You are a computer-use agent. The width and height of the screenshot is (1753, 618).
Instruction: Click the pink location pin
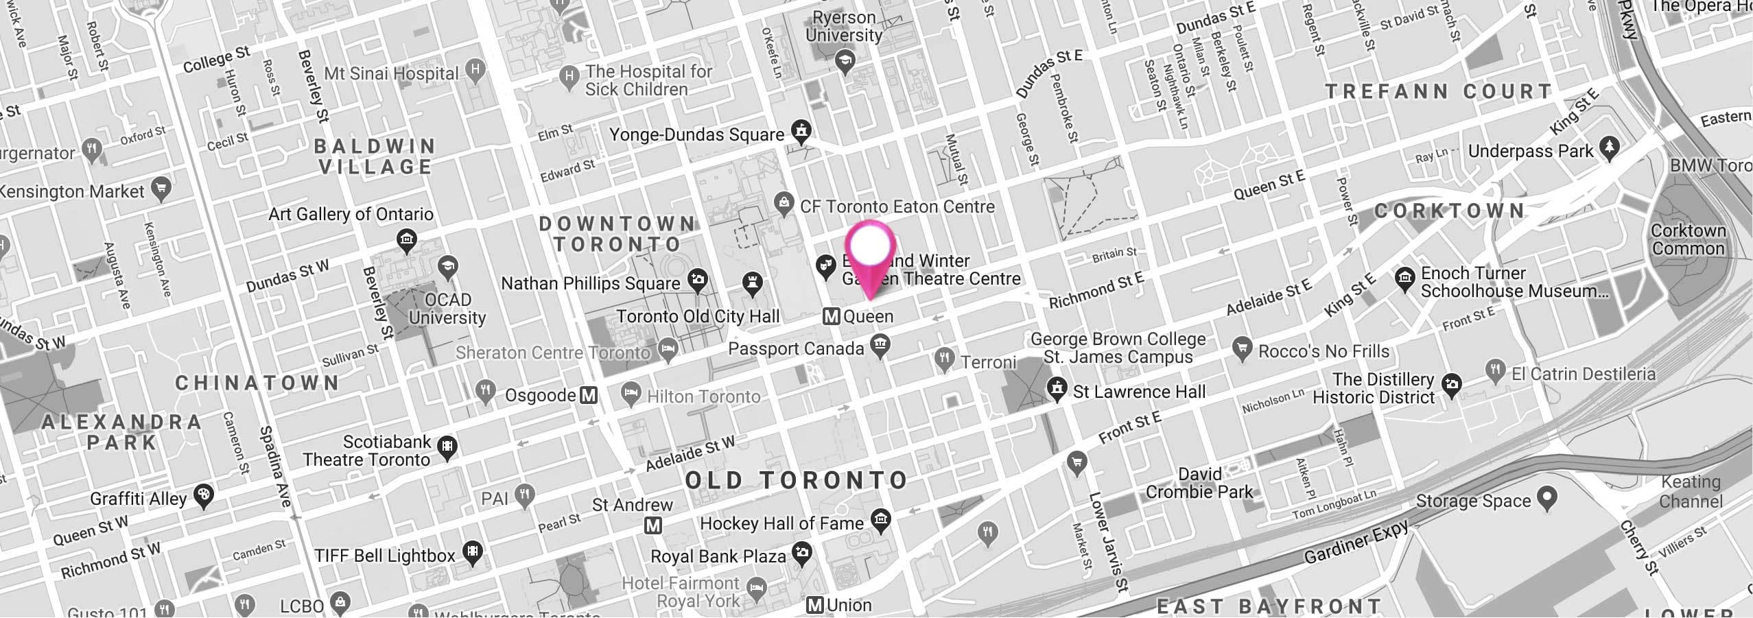point(870,250)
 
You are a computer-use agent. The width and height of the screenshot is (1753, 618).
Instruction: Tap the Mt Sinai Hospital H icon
point(475,70)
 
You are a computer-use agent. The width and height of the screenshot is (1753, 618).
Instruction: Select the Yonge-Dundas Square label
point(696,134)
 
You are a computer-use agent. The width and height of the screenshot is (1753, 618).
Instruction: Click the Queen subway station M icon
point(832,316)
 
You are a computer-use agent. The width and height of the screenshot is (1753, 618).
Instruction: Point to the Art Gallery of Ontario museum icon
point(407,240)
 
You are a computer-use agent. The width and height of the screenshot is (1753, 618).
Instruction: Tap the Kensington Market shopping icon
point(161,188)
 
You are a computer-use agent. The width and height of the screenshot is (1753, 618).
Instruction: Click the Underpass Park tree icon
point(1609,148)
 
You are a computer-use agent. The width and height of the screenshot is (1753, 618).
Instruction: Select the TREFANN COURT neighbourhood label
point(1439,92)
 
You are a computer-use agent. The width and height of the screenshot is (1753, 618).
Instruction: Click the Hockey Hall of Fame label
point(781,523)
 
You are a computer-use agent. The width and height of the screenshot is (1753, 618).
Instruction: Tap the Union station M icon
point(815,605)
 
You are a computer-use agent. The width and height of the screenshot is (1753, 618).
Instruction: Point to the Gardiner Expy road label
point(1356,542)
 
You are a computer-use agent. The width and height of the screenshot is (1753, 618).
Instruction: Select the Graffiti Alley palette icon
point(203,495)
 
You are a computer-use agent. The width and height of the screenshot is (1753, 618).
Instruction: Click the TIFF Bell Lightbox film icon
point(472,552)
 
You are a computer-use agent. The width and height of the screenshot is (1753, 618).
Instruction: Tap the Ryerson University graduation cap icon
point(845,62)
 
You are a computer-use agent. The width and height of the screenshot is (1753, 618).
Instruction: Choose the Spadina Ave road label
point(275,466)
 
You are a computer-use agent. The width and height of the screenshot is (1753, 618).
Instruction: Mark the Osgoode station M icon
point(589,395)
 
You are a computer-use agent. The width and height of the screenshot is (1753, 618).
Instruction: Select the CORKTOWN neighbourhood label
point(1449,211)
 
